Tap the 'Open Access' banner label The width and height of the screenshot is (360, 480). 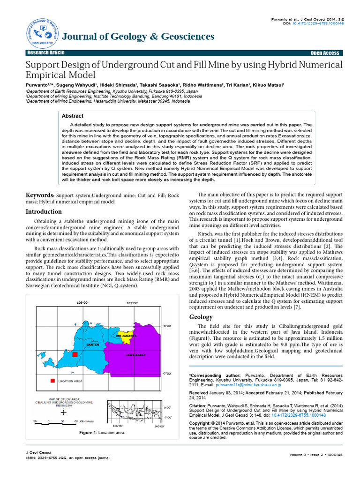point(324,53)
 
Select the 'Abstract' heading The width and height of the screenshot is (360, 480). point(73,116)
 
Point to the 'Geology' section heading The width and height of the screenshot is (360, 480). point(201,317)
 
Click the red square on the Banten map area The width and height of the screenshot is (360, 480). point(74,354)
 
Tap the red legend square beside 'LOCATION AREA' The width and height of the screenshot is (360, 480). point(53,381)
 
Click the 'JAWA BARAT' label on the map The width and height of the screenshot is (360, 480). point(135,356)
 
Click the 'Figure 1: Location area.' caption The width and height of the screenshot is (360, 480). point(102,432)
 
